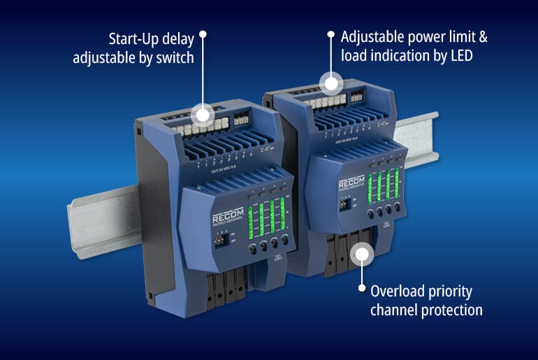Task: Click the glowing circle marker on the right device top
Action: (331, 83)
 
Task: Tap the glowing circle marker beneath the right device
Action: (361, 252)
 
